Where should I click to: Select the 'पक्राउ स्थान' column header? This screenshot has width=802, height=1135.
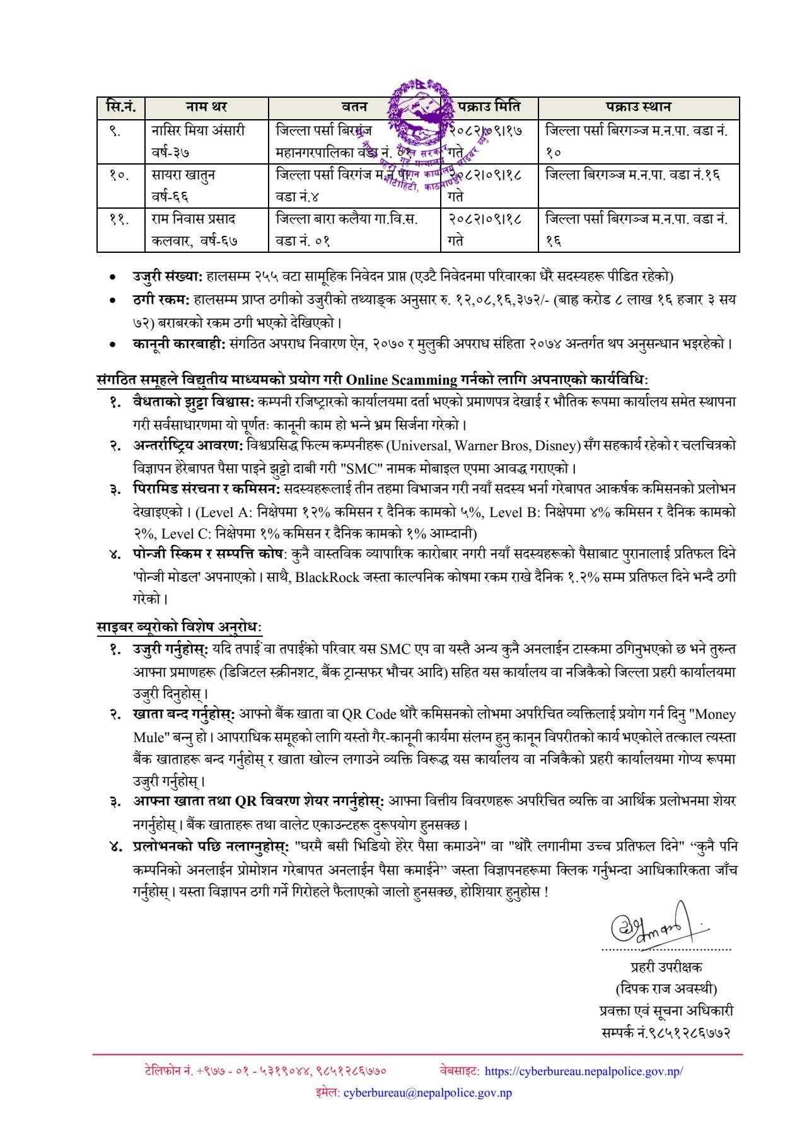[x=638, y=107]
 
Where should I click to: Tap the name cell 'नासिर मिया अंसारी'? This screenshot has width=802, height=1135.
[x=199, y=131]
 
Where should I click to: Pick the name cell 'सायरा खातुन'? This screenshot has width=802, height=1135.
[x=183, y=175]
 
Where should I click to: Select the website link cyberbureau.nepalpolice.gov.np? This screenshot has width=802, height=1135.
[x=584, y=1071]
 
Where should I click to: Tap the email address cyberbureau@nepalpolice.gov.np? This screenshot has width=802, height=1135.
[x=427, y=1092]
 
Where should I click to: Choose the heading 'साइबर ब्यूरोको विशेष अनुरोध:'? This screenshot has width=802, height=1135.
[x=179, y=627]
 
